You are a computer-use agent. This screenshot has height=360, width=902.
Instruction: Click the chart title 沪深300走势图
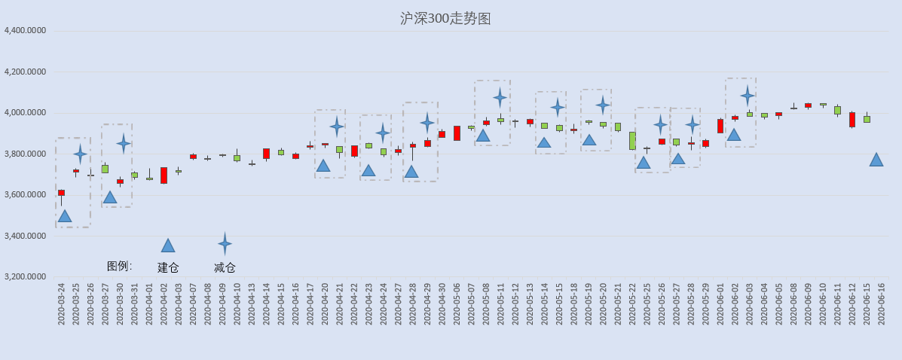445,19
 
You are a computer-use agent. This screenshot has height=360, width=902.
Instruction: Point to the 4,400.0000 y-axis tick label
25,31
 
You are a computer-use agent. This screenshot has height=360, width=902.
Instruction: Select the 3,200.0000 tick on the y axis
25,276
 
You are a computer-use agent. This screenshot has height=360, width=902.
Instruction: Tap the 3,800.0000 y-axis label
25,154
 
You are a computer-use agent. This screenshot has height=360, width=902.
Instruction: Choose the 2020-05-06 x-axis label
457,304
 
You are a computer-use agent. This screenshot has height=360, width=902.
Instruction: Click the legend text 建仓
168,267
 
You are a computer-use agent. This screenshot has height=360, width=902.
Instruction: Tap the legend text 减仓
225,267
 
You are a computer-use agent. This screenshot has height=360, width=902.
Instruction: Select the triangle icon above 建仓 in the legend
168,246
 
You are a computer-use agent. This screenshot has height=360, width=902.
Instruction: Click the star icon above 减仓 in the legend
225,243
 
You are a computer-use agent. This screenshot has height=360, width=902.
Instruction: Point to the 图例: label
119,266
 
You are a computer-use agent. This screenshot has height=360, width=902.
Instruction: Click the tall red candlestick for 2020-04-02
164,175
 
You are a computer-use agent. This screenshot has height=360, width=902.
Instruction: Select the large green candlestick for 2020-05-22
632,141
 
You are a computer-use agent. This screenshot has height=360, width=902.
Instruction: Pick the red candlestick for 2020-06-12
852,120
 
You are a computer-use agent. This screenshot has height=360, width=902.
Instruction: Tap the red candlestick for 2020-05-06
457,133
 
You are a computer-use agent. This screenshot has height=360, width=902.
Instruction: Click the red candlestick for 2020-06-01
720,126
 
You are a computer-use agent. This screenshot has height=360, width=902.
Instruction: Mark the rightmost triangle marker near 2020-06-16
876,160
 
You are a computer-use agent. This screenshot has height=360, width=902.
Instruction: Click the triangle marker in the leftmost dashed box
65,216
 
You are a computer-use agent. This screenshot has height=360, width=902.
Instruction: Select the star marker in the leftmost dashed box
80,154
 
